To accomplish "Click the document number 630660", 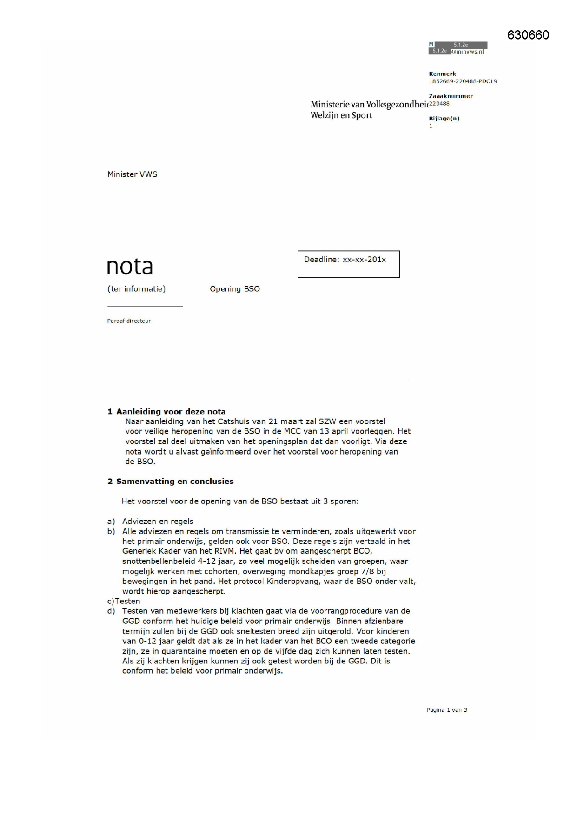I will (x=528, y=35).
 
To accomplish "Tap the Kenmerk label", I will (x=442, y=74).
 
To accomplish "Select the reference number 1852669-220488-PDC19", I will (x=463, y=81).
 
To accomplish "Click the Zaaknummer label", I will (x=451, y=96).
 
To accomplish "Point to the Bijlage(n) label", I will (x=444, y=118).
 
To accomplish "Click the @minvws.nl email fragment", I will (x=467, y=52).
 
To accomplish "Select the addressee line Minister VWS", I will (x=132, y=174).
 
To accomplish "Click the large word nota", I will (x=130, y=267).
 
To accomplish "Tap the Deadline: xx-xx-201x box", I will (x=348, y=264).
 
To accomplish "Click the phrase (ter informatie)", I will (x=136, y=289).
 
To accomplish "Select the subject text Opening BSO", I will (x=235, y=289).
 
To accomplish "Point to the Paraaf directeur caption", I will (x=129, y=321).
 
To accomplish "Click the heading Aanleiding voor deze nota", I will (x=171, y=411).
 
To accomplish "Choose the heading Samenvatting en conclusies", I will (x=175, y=481).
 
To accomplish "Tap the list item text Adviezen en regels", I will (x=158, y=521).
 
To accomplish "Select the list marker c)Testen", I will (x=124, y=601).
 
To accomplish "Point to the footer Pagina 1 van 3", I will (x=447, y=709).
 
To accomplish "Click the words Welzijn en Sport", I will (x=341, y=115).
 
